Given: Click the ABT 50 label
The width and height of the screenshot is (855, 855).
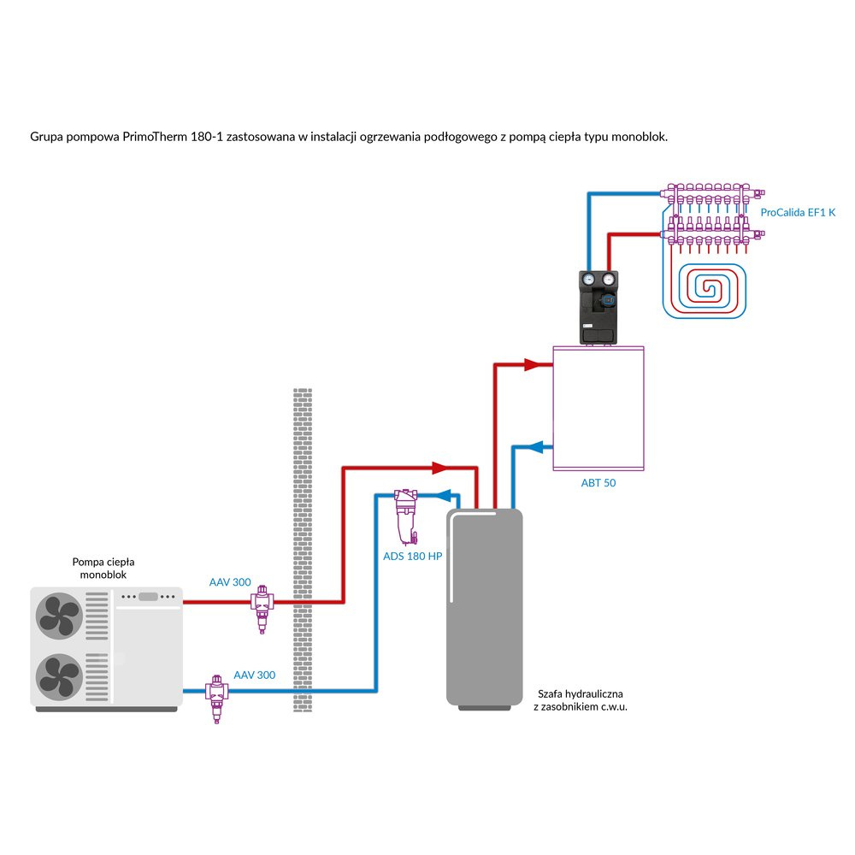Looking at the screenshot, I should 598,483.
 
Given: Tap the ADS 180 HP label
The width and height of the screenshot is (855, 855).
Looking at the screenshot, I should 412,556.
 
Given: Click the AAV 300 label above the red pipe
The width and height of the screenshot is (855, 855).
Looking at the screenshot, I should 230,582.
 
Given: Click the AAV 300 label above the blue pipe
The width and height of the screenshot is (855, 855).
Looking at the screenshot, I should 255,675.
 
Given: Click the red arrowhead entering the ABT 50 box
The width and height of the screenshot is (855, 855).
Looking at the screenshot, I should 537,364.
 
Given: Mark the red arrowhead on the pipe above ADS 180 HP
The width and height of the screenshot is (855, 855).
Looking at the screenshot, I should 439,468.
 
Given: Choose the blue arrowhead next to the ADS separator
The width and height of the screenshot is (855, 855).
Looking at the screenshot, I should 443,494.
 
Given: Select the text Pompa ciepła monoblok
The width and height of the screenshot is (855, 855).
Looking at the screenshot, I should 104,569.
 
